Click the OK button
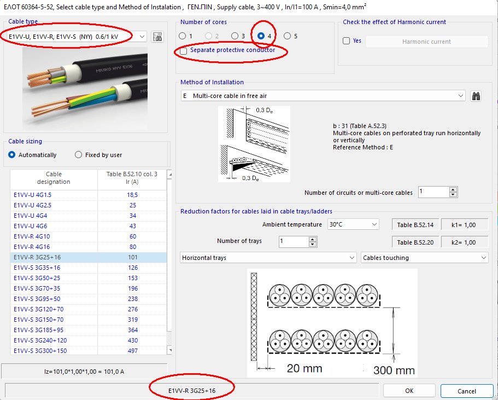(409, 391)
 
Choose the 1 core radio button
(183, 36)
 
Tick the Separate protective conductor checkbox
(183, 50)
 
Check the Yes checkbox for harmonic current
(346, 41)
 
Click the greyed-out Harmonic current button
(426, 41)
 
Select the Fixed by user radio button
(79, 155)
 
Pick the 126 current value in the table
(132, 268)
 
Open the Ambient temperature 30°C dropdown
(353, 224)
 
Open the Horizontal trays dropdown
(268, 258)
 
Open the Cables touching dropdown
(425, 258)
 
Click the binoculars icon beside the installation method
(476, 96)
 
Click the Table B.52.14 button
(415, 225)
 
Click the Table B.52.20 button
(415, 242)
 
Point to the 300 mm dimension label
(394, 370)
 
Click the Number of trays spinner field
(292, 241)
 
